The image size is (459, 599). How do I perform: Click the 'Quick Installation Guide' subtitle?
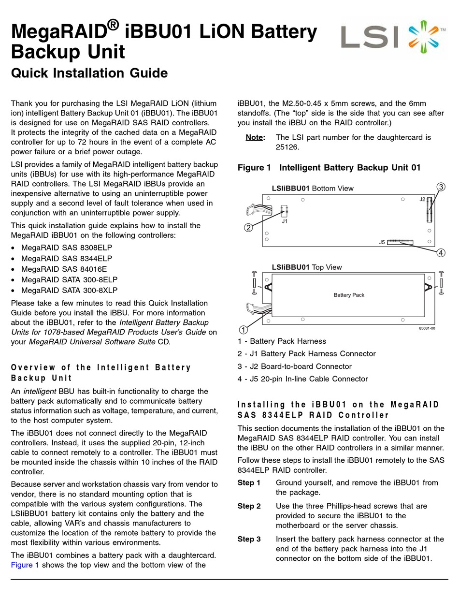[89, 73]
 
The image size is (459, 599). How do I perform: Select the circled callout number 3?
[441, 187]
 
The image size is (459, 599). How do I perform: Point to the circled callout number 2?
[248, 227]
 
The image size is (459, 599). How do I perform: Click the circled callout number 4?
[441, 252]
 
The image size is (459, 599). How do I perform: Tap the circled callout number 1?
[244, 330]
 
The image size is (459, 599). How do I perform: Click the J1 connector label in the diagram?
[285, 221]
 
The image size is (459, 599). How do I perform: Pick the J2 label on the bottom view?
[422, 199]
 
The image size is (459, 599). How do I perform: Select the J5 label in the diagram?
[382, 242]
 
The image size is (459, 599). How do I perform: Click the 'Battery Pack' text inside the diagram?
[349, 295]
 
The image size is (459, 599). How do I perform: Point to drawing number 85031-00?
[427, 328]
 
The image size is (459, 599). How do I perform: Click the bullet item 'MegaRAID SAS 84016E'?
[64, 269]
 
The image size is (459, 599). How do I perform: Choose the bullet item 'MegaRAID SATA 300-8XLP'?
[69, 291]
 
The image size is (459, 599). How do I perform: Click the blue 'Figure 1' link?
[25, 565]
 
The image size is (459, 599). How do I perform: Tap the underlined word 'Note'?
[255, 137]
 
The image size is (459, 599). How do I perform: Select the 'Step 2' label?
[249, 506]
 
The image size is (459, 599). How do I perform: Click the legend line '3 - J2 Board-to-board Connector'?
[294, 366]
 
